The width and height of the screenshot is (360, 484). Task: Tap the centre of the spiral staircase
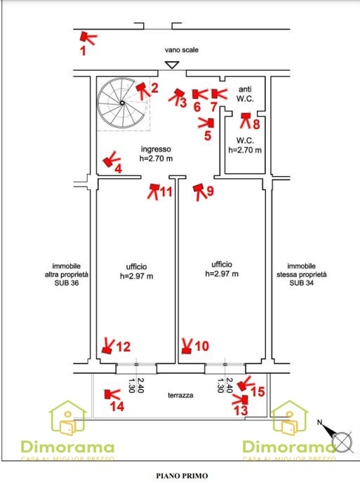tap(123, 103)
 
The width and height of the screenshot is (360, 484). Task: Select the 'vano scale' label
tap(182, 50)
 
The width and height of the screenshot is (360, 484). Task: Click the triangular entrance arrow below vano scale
tap(172, 65)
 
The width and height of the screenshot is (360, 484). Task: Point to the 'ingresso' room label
tap(156, 149)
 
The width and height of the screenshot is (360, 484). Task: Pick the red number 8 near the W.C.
tap(256, 124)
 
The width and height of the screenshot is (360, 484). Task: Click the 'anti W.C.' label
tap(245, 94)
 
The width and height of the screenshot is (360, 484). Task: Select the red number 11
tap(166, 191)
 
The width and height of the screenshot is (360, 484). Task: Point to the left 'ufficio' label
tap(136, 267)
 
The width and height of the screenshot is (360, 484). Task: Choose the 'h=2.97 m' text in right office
tap(222, 274)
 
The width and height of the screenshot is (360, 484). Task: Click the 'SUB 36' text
tap(67, 283)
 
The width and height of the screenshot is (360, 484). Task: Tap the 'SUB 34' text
tap(301, 283)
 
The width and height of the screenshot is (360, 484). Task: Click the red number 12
tap(124, 347)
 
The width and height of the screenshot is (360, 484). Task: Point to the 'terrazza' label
tap(180, 395)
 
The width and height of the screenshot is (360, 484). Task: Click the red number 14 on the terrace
tap(117, 406)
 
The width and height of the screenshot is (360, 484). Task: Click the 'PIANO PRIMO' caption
tap(182, 476)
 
